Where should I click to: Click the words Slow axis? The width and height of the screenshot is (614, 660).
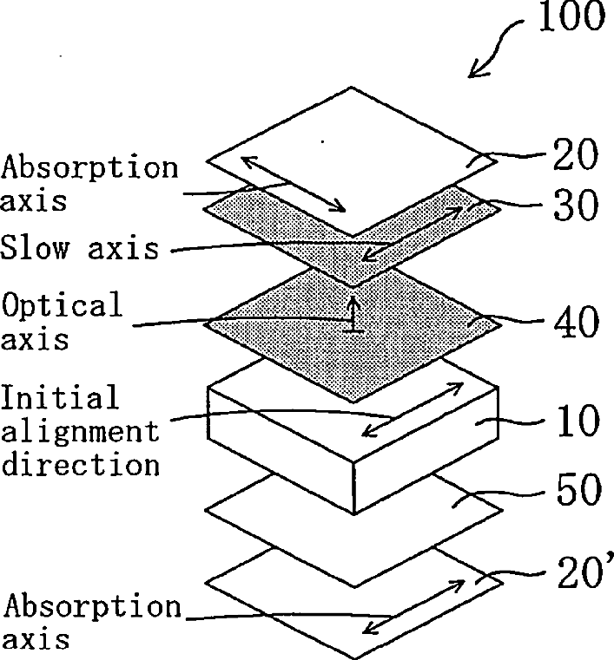tap(80, 249)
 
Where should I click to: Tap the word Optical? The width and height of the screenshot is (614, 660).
tap(63, 305)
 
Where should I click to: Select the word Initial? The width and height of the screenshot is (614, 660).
tap(59, 399)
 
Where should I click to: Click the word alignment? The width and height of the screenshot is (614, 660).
tap(80, 431)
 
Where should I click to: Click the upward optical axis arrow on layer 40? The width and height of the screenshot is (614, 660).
tap(353, 313)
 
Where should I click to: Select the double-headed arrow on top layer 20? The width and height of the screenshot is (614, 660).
tap(295, 183)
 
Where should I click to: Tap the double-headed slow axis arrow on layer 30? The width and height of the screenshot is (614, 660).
tap(412, 233)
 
